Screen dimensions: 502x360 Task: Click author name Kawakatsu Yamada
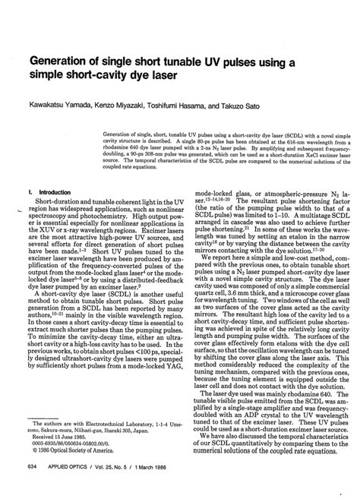(57, 107)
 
